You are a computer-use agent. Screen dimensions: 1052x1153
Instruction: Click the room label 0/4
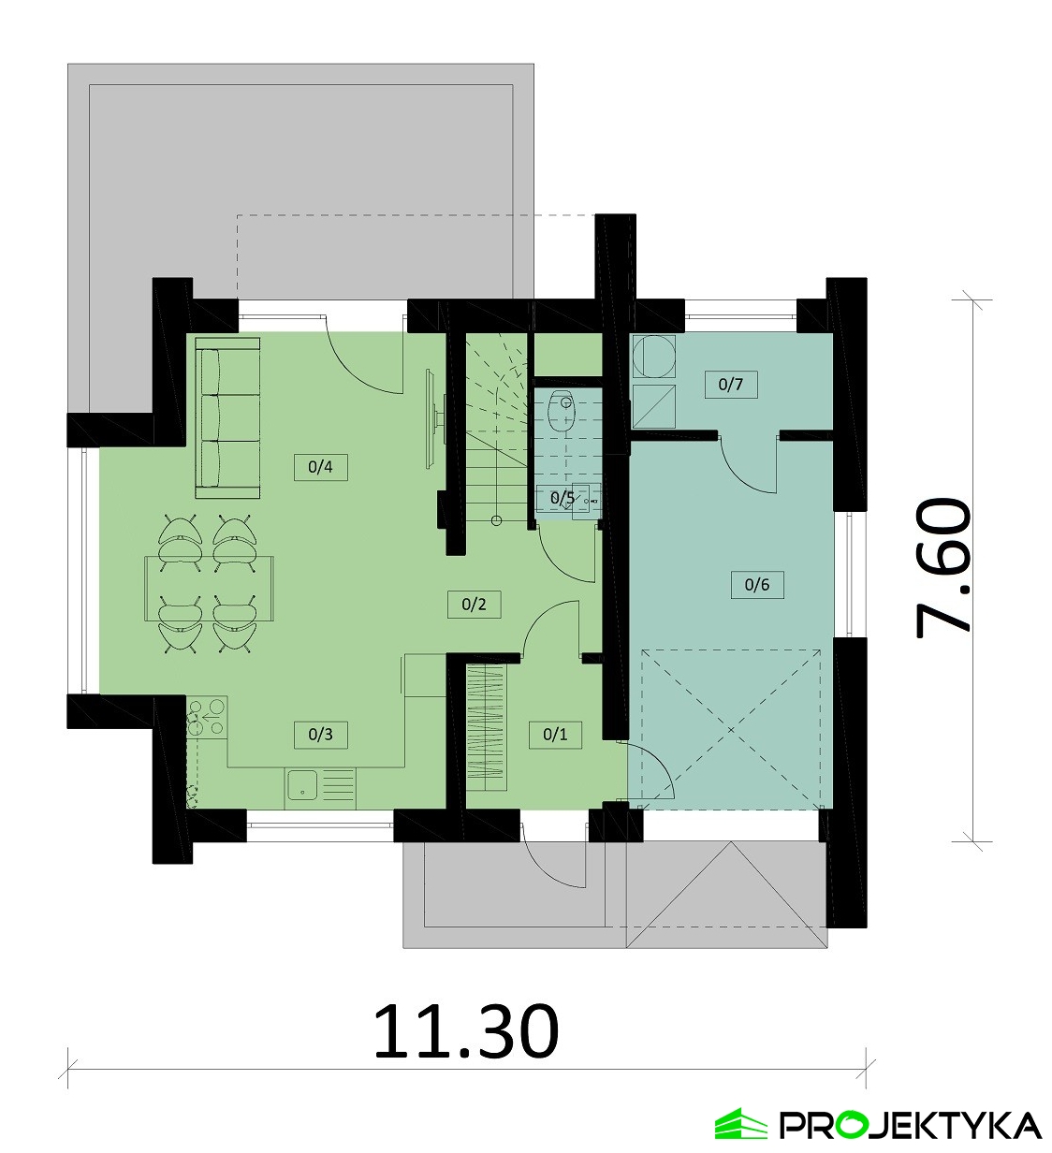click(x=320, y=467)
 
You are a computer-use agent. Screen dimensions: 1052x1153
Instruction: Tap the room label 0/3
click(x=320, y=735)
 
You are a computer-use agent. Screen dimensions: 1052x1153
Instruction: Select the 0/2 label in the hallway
click(x=474, y=604)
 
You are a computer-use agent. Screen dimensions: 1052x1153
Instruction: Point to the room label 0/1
click(x=555, y=735)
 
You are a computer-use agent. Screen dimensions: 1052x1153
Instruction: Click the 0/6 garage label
click(x=756, y=585)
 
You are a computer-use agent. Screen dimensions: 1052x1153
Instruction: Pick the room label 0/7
click(x=731, y=385)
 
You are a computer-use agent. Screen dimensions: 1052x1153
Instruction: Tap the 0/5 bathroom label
click(x=563, y=498)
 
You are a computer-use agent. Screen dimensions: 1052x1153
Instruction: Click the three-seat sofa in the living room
click(x=227, y=417)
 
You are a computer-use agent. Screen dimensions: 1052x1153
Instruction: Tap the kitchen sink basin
click(x=301, y=785)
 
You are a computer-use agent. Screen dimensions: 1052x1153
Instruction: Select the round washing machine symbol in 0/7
click(x=653, y=356)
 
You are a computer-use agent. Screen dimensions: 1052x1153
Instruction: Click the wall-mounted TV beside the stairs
click(x=432, y=418)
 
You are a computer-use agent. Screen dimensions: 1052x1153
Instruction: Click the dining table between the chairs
click(x=210, y=588)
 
